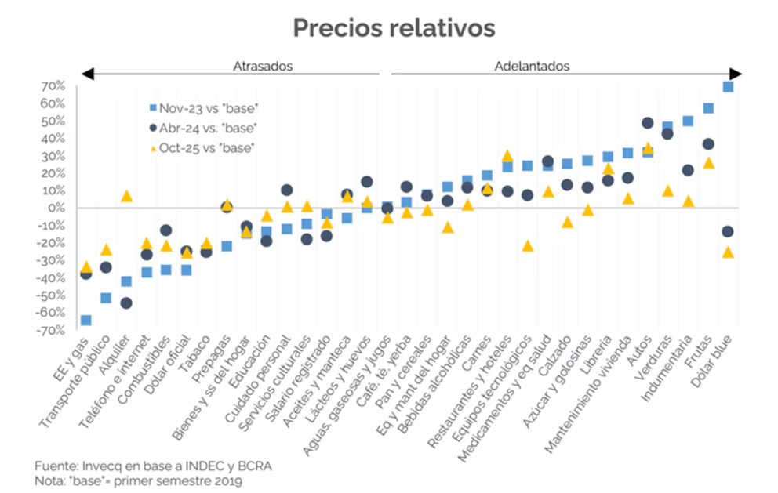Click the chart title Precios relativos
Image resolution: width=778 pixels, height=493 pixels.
(394, 27)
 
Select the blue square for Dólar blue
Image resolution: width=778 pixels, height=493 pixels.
(728, 87)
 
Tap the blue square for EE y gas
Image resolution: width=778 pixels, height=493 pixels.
(85, 320)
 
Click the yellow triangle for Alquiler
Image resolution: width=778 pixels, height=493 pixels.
(125, 196)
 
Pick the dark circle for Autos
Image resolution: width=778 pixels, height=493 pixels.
(648, 123)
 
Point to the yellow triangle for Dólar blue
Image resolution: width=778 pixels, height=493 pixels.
(728, 252)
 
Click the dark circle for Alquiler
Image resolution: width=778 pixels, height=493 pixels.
(125, 303)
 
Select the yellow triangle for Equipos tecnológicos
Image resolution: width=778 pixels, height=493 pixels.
(527, 246)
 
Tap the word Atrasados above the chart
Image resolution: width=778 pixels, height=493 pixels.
(262, 66)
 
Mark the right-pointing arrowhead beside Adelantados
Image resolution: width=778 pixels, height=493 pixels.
(734, 74)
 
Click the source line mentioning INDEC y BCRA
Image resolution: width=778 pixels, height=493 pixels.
(153, 466)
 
